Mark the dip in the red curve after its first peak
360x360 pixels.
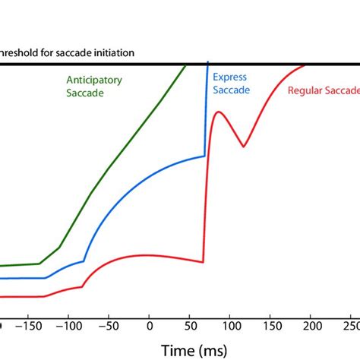pos(243,147)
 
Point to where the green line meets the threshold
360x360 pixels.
pos(186,65)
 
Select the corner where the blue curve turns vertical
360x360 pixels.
pos(205,156)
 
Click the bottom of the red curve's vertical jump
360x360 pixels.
pos(204,263)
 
